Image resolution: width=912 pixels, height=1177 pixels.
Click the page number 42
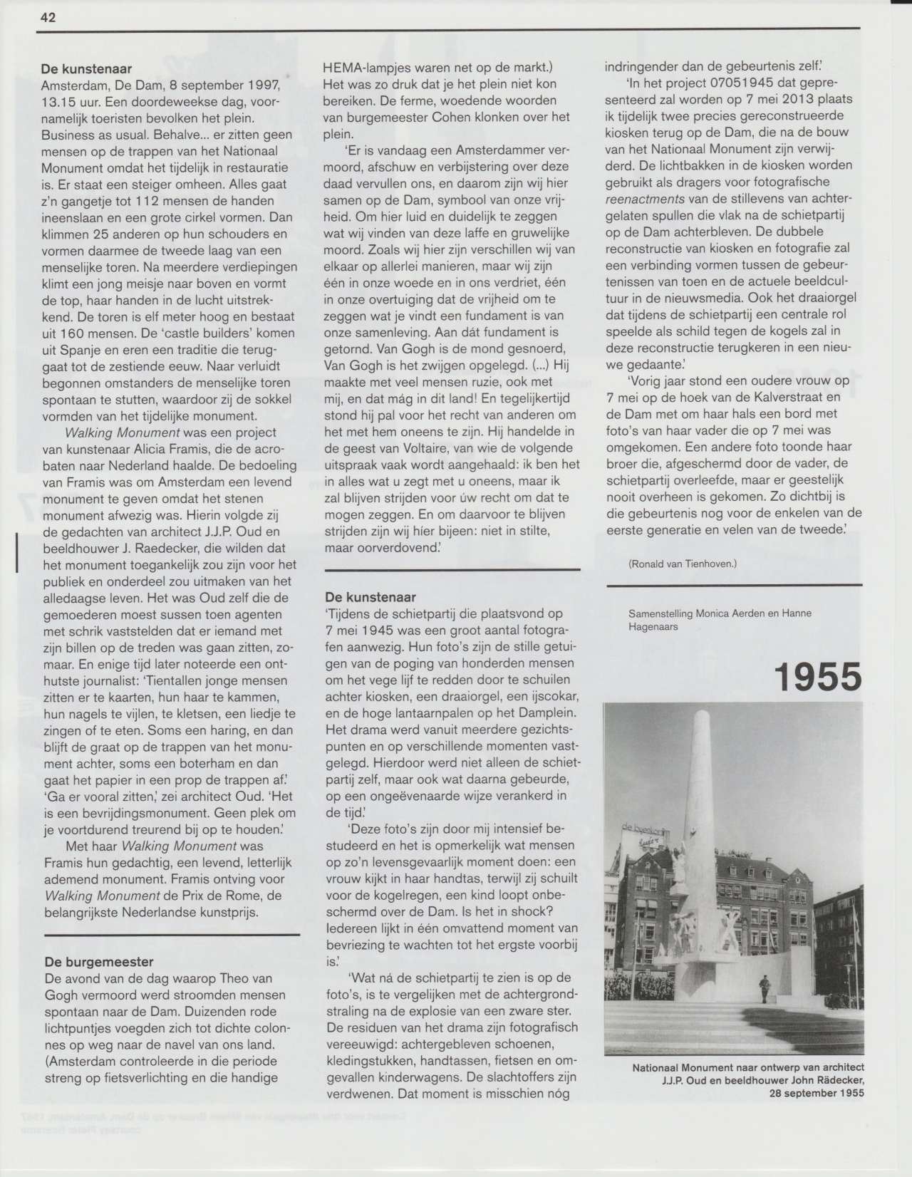(48, 18)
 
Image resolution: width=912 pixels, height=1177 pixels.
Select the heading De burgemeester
(99, 961)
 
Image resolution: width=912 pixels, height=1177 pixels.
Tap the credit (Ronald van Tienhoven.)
(683, 564)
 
